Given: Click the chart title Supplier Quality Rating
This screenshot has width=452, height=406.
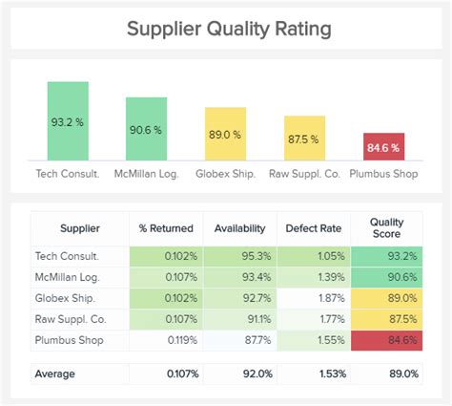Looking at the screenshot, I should (x=230, y=29).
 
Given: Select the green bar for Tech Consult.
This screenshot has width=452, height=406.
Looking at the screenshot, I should (x=68, y=121).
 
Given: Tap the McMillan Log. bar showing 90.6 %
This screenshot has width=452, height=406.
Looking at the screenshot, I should (x=146, y=129).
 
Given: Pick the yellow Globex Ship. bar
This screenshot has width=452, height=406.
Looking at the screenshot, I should (x=225, y=134).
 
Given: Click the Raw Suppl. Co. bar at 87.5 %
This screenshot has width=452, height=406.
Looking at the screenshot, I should (x=303, y=138).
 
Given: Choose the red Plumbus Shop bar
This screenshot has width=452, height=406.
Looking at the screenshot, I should (x=382, y=147).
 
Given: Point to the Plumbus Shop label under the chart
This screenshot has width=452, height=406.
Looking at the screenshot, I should (x=382, y=174).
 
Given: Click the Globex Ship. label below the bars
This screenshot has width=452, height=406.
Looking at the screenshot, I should (x=225, y=174).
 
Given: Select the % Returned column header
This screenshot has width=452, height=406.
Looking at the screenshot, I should (x=166, y=228).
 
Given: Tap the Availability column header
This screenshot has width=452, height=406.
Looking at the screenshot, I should (x=241, y=228).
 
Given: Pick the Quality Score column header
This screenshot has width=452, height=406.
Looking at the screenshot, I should (x=386, y=228).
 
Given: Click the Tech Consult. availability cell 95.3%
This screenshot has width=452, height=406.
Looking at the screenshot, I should (x=241, y=256).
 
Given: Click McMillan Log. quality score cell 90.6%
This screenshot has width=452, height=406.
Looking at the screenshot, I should (x=386, y=277).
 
